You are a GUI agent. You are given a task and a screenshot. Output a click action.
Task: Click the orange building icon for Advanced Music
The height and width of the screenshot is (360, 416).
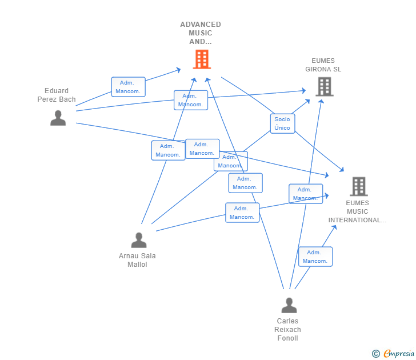tap(201, 59)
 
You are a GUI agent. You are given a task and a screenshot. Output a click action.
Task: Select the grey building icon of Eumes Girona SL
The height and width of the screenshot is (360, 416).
tap(324, 86)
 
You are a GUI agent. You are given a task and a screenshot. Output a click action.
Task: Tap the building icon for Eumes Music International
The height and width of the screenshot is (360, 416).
tap(358, 186)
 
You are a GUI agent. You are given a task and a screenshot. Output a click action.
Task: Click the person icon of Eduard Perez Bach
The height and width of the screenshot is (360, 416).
tap(58, 118)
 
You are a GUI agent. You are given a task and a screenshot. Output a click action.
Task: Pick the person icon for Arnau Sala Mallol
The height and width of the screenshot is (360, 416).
tap(139, 240)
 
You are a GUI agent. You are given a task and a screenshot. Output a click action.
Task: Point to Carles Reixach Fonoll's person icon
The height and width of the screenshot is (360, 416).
tap(289, 306)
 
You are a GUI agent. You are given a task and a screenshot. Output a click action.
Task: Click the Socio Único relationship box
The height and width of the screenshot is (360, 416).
tap(282, 123)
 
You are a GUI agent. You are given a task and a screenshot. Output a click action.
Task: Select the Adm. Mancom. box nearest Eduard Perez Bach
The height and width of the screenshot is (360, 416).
tap(128, 87)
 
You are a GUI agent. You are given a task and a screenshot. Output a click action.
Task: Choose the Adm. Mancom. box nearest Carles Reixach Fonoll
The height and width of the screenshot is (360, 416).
tap(315, 257)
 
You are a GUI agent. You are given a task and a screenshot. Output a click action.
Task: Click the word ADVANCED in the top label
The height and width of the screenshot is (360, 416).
tap(201, 25)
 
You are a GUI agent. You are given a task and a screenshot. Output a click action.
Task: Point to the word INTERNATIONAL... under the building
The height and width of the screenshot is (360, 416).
tap(357, 220)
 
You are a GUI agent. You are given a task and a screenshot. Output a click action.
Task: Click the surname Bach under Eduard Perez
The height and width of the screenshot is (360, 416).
tap(67, 99)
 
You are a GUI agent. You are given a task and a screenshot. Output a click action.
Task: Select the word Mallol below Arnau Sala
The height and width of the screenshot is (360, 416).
tap(137, 265)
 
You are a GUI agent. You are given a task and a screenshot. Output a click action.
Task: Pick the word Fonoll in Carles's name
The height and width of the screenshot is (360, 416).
tap(288, 338)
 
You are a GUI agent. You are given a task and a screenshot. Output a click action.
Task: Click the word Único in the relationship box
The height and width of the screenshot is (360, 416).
tap(282, 128)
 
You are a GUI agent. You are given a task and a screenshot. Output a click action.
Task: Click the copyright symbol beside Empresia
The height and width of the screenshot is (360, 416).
tap(376, 354)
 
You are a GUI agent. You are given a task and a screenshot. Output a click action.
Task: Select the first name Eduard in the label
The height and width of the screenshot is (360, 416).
tap(57, 91)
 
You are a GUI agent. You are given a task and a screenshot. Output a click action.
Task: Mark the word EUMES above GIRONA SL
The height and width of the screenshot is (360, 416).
tap(323, 61)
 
